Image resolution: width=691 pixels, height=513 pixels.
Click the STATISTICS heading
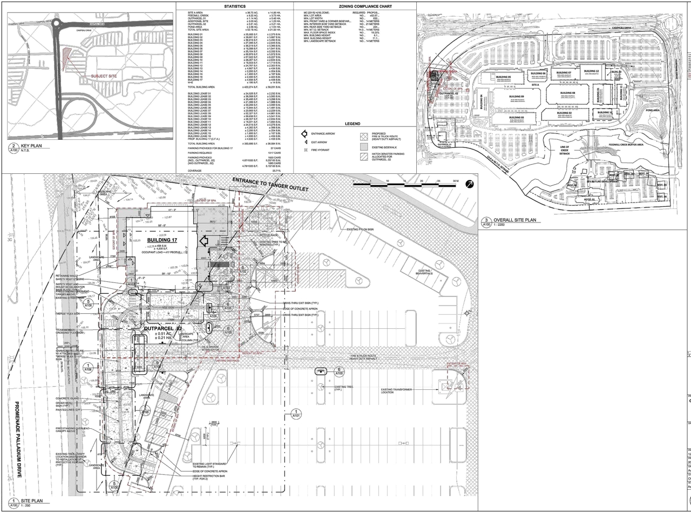tap(234, 6)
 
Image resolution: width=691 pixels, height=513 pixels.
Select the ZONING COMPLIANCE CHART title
tap(355, 6)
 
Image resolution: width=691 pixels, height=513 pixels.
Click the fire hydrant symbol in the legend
tap(306, 150)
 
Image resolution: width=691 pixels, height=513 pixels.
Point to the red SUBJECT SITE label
tap(104, 76)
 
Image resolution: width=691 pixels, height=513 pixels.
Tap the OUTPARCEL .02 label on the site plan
tap(164, 328)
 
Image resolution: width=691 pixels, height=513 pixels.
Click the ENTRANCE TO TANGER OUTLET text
tap(270, 184)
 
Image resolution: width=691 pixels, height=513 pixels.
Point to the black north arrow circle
tap(469, 184)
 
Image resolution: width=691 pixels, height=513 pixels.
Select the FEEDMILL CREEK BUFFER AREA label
tap(625, 145)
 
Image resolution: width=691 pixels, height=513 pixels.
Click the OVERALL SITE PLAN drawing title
tap(516, 220)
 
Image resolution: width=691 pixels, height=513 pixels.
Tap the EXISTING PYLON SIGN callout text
tap(360, 230)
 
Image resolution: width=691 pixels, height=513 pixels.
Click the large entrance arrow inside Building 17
tap(205, 241)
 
